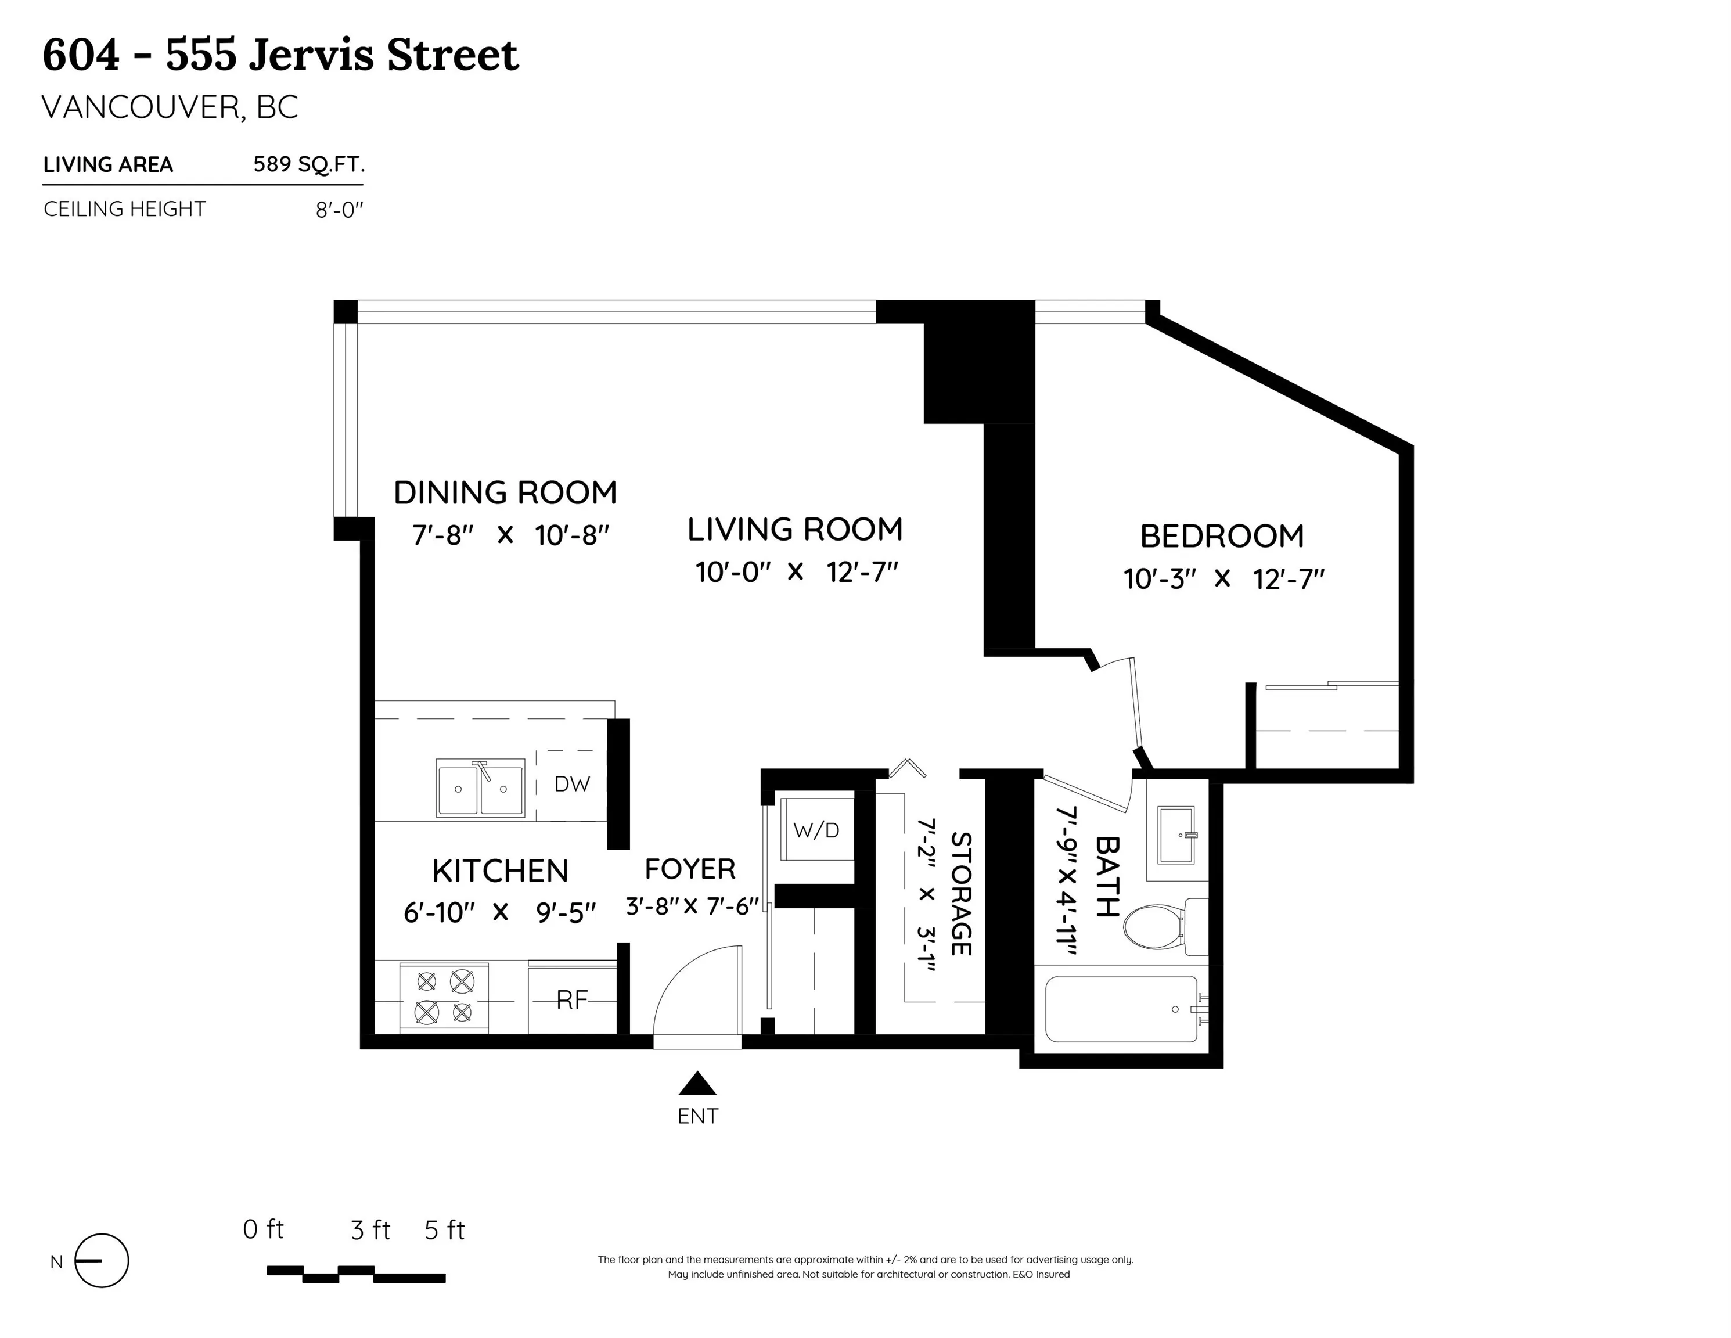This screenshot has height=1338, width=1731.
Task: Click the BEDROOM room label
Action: (x=1221, y=537)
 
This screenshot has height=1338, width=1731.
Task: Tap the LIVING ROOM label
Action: (x=795, y=530)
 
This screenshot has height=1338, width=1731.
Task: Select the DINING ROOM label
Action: (x=505, y=493)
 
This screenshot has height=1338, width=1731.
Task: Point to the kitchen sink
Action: (x=480, y=788)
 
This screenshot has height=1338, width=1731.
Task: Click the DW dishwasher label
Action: (x=572, y=784)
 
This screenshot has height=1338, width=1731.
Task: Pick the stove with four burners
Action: (x=444, y=997)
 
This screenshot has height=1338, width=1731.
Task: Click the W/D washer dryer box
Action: (x=816, y=830)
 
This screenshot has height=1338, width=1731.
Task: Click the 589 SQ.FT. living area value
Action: (x=309, y=164)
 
